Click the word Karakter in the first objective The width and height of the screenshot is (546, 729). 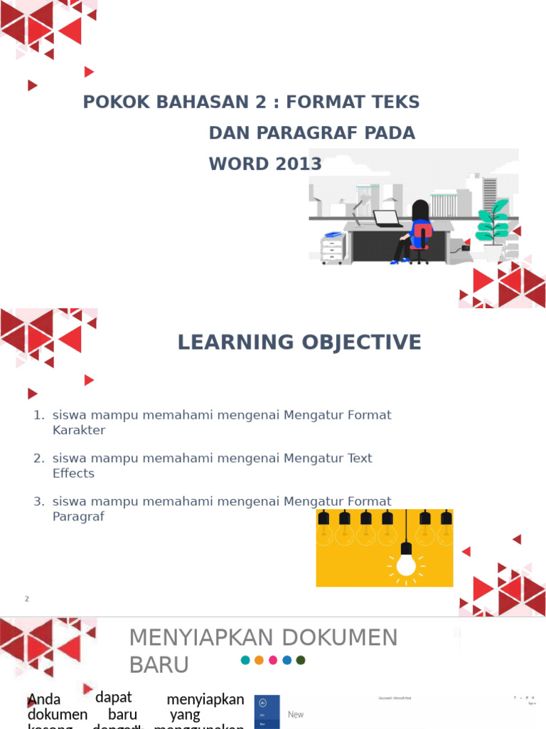[x=78, y=430]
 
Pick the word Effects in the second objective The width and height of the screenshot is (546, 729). [x=73, y=473]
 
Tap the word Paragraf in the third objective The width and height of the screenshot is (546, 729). [x=78, y=517]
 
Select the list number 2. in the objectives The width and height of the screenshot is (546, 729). [x=39, y=458]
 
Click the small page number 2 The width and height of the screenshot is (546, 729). [x=27, y=599]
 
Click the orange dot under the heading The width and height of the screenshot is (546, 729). [x=259, y=660]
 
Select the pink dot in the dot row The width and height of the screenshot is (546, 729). [x=273, y=660]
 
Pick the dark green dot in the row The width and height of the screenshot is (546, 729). [x=301, y=660]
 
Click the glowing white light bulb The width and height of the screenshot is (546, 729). [x=406, y=562]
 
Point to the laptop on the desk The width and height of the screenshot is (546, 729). [x=387, y=218]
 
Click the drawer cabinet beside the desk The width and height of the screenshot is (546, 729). [x=333, y=248]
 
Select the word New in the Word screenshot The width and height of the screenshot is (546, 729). [x=296, y=714]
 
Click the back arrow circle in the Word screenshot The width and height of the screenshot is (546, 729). [x=262, y=702]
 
